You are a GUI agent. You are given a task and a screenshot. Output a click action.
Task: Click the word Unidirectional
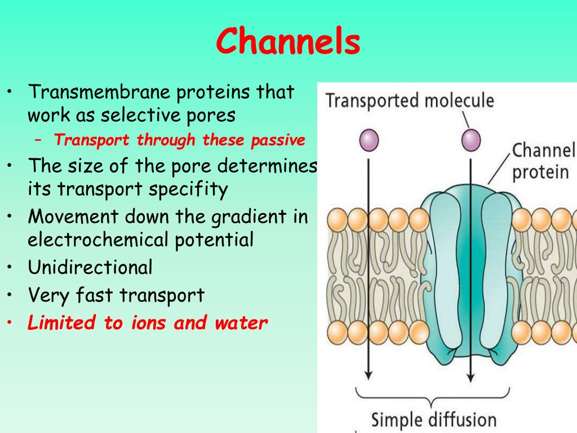click(x=90, y=267)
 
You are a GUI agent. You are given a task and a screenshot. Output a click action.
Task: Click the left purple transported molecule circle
click(x=369, y=139)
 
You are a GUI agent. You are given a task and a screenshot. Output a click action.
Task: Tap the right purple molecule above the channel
click(x=471, y=139)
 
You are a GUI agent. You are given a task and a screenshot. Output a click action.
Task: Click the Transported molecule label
click(x=410, y=101)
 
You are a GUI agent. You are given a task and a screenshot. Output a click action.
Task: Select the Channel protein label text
click(x=543, y=161)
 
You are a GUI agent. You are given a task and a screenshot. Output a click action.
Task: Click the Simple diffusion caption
click(x=433, y=419)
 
